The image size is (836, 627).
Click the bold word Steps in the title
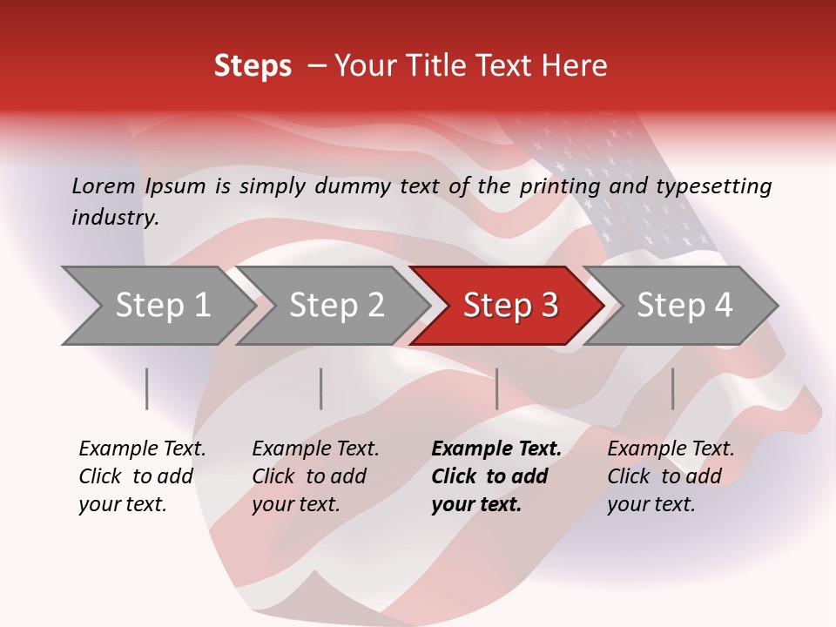pos(253,66)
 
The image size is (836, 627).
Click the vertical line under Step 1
pos(147,388)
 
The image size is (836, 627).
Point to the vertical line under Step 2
pos(321,388)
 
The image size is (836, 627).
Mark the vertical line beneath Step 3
pos(497,388)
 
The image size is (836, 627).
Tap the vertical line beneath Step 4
pos(673,388)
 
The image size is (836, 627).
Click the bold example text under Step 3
pos(496,476)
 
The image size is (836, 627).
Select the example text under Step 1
pos(142,476)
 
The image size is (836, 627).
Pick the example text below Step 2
pos(315,476)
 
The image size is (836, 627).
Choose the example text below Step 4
pos(671,476)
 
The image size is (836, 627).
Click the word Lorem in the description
pos(104,185)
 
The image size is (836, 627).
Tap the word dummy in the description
pos(353,186)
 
